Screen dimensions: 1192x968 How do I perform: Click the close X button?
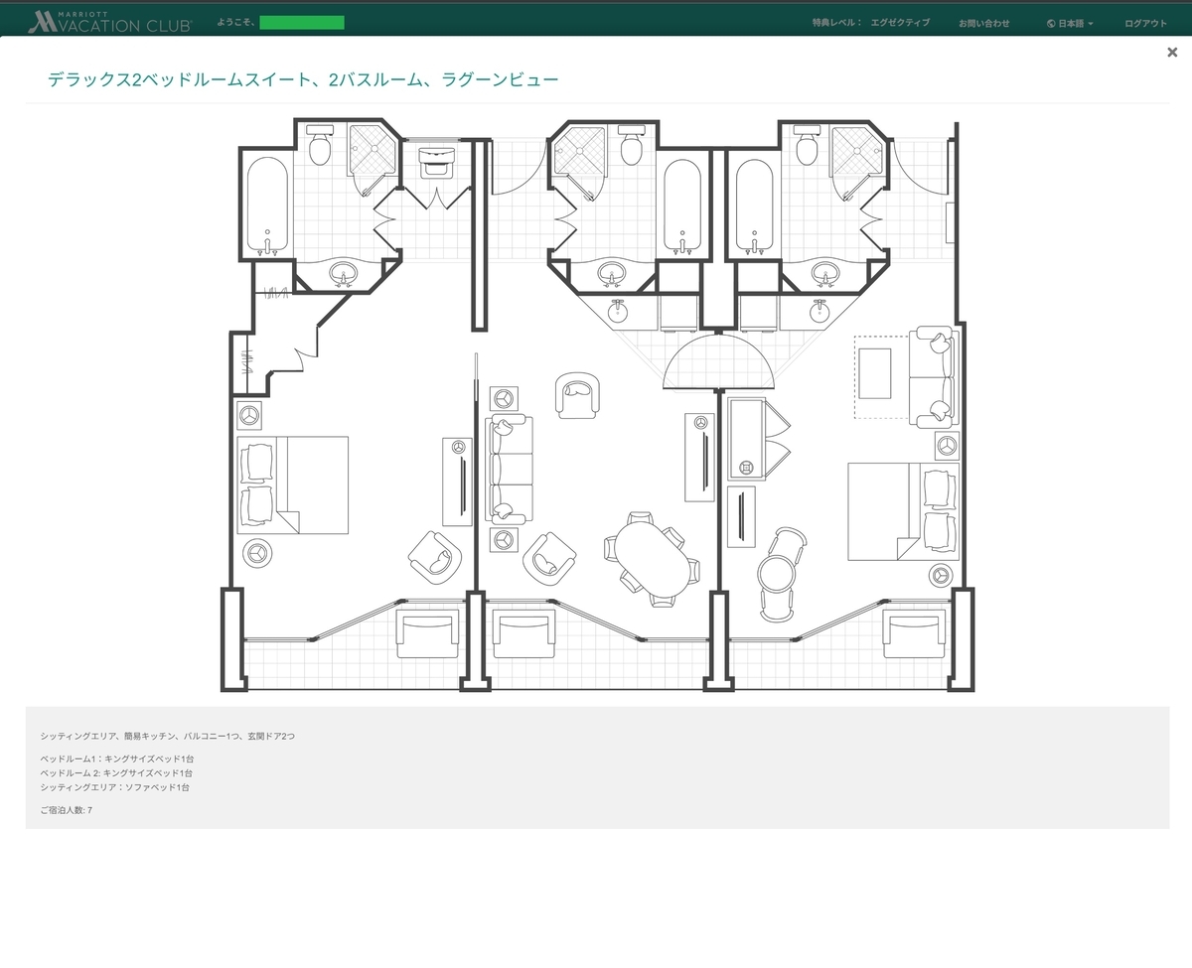(1172, 52)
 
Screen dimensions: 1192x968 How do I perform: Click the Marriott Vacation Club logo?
(110, 22)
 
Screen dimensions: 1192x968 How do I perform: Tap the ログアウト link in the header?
(1145, 23)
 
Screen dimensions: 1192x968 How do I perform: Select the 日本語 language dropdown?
(1070, 23)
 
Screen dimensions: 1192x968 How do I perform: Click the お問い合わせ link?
(983, 23)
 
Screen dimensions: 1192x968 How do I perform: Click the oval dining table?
(653, 558)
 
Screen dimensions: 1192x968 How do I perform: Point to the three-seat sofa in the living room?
(509, 469)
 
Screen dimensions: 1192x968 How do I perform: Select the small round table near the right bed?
(776, 573)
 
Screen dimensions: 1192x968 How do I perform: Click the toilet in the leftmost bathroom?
(320, 145)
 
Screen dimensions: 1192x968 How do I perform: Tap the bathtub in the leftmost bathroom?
(267, 205)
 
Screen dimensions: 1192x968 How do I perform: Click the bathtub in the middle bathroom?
(682, 205)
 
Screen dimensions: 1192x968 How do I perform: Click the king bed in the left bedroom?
(293, 484)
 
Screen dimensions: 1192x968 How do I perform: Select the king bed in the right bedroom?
(902, 511)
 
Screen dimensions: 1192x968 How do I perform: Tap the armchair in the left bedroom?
(435, 558)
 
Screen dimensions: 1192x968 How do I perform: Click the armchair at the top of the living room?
(577, 395)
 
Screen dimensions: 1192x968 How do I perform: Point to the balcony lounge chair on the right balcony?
(914, 633)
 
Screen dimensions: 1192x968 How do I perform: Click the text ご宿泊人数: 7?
(66, 810)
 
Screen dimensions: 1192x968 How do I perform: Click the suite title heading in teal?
(303, 80)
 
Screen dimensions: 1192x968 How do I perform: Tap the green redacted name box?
(302, 23)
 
